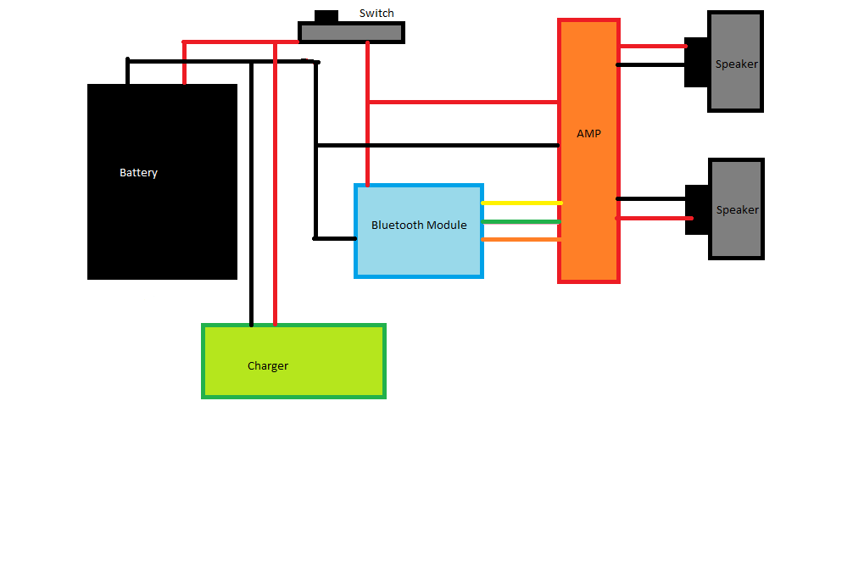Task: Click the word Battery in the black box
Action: click(138, 173)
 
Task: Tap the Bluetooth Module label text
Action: click(419, 226)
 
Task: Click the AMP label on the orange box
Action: click(588, 134)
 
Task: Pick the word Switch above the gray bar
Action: click(376, 14)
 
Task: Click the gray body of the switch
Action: click(351, 33)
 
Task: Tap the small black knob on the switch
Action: click(326, 16)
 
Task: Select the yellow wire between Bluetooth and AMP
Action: click(521, 203)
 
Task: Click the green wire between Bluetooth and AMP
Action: click(521, 222)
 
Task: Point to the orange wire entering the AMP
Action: click(521, 240)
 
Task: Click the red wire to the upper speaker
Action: click(651, 46)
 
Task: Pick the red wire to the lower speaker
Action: click(651, 219)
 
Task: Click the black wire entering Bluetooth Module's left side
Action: click(334, 238)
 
